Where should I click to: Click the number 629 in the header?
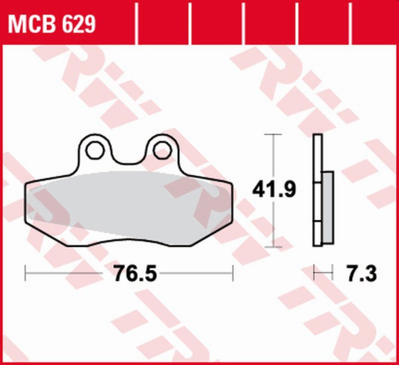click(x=79, y=25)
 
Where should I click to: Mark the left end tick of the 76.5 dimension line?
click(x=26, y=272)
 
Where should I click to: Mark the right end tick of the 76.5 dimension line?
click(x=232, y=272)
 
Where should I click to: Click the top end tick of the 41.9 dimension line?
click(x=270, y=134)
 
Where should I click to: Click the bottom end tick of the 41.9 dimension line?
click(x=270, y=247)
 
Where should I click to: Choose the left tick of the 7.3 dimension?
click(x=316, y=272)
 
